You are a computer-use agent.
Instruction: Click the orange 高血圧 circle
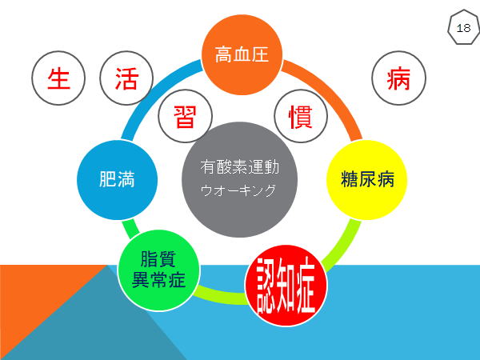click(242, 54)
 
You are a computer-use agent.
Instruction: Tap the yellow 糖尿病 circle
click(366, 180)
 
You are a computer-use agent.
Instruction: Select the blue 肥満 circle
click(118, 180)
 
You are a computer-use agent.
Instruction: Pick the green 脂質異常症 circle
click(159, 270)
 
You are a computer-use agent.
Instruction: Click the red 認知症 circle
click(286, 286)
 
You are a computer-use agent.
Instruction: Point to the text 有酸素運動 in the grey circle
click(240, 167)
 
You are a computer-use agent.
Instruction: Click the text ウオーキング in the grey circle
click(238, 190)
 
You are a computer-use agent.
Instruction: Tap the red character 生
click(58, 78)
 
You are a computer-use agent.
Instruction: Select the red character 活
click(126, 78)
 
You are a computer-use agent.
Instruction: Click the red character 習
click(185, 116)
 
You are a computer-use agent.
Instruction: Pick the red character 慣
click(301, 116)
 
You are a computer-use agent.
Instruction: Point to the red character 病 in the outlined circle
click(398, 78)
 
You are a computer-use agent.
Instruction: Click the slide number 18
click(463, 28)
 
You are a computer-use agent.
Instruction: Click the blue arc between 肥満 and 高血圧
click(153, 89)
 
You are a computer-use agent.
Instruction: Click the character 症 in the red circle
click(303, 286)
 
